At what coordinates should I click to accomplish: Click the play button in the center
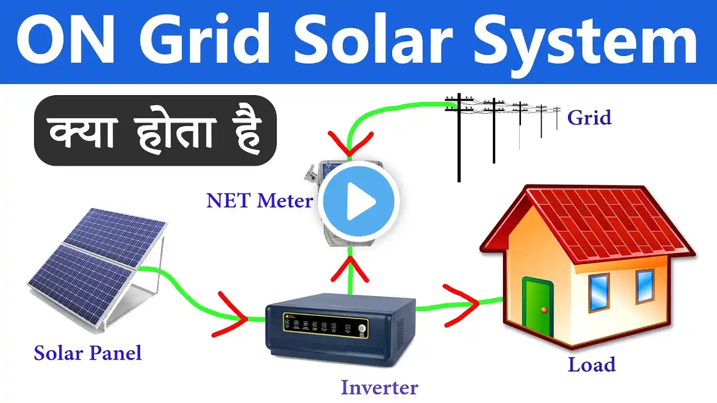click(x=358, y=201)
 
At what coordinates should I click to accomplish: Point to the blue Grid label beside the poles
click(x=589, y=118)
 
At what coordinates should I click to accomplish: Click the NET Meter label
click(x=259, y=201)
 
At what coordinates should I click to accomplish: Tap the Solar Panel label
click(x=88, y=354)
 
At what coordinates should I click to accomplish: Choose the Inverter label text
click(x=379, y=388)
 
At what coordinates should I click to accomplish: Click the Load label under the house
click(x=592, y=364)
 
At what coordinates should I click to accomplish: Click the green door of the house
click(x=537, y=307)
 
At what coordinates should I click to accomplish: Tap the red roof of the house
click(x=592, y=224)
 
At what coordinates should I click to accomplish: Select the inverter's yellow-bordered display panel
click(x=325, y=326)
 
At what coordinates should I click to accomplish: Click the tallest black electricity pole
click(x=459, y=138)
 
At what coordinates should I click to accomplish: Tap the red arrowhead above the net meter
click(x=350, y=144)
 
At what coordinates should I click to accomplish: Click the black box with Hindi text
click(x=155, y=130)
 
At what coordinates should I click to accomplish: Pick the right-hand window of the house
click(x=645, y=287)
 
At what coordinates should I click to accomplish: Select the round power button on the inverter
click(x=362, y=329)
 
